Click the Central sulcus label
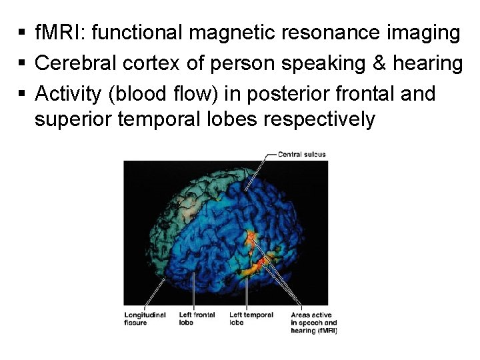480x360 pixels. (301, 155)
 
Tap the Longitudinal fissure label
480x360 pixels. (145, 319)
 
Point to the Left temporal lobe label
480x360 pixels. (251, 319)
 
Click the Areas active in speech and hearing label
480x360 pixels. (313, 323)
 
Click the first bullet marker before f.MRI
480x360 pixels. (22, 33)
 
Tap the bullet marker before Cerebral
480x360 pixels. (22, 63)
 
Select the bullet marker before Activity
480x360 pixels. (22, 94)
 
